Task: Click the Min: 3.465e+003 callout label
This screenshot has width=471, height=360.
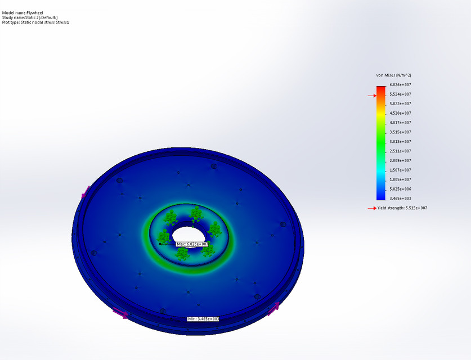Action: (x=203, y=319)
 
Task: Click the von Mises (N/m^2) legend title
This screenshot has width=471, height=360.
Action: (x=394, y=75)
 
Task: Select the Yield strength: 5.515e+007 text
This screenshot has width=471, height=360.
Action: (x=402, y=208)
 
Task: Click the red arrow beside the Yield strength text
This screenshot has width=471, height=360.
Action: (x=372, y=208)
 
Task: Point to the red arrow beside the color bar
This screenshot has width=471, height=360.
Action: (x=372, y=96)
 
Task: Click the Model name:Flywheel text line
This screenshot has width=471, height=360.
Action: (x=23, y=12)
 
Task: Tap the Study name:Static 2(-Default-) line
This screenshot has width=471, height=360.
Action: (x=30, y=17)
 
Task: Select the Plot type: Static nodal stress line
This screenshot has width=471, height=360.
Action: (x=35, y=22)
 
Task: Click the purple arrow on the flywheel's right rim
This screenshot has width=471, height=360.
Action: (x=273, y=308)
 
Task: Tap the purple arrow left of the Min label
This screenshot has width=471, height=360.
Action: (x=120, y=313)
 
